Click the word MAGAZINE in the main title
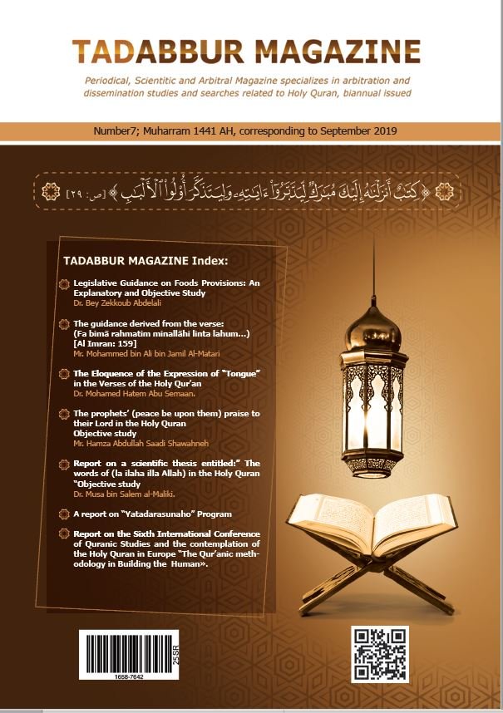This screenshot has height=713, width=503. coord(342,52)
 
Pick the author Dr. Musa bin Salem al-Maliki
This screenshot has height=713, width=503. coord(121,494)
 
